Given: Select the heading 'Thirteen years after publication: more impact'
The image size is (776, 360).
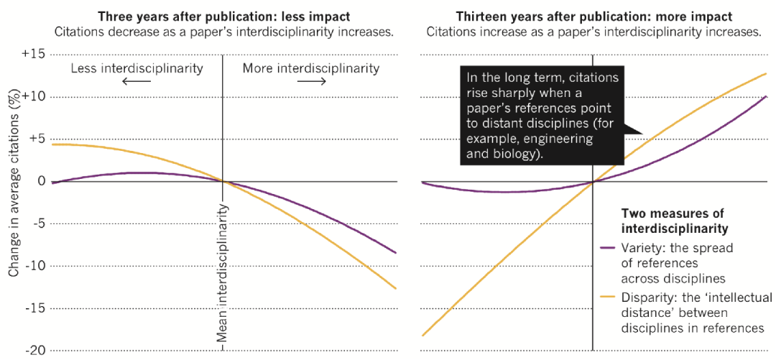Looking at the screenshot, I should (x=593, y=16).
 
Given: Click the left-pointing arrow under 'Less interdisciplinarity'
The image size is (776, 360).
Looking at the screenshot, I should (x=137, y=81).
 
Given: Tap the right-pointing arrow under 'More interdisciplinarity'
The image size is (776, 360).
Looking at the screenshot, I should (x=311, y=81).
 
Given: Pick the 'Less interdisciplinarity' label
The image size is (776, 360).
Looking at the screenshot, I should (x=137, y=68).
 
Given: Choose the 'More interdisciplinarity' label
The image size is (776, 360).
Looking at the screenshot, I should (x=310, y=68).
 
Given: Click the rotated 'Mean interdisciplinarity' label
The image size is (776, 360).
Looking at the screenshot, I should (x=223, y=273).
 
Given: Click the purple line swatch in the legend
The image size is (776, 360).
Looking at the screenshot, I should (x=609, y=248).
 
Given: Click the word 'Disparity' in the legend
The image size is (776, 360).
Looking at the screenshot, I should (x=643, y=297).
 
